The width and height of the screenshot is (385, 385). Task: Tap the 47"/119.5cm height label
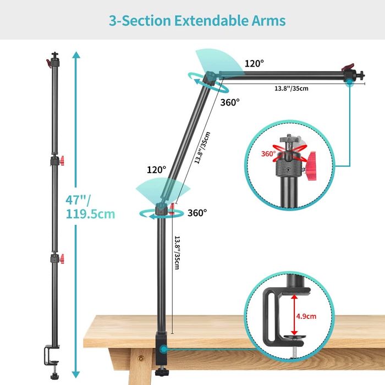tap(90, 207)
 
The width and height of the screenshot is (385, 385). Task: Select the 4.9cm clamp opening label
tap(306, 316)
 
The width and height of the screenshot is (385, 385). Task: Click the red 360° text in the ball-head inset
tap(268, 153)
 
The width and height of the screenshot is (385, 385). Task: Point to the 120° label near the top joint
tap(254, 64)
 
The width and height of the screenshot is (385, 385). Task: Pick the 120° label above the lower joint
tap(156, 169)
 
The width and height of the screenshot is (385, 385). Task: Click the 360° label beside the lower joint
tap(197, 213)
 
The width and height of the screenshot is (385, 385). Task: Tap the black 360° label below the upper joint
tap(230, 102)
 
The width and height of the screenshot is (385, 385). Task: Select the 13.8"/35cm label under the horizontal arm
tap(291, 89)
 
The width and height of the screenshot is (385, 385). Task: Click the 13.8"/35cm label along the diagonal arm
tap(202, 147)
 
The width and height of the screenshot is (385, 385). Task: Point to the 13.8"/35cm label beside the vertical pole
tap(177, 252)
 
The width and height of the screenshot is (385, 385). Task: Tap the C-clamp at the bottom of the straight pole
tap(52, 355)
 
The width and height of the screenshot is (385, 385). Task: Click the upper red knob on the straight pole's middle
tap(62, 161)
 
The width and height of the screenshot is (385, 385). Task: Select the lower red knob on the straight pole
tap(62, 259)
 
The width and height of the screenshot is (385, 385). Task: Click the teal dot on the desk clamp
tap(163, 349)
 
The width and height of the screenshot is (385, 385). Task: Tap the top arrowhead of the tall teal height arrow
tap(76, 55)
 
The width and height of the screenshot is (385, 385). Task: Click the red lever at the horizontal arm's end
tap(349, 67)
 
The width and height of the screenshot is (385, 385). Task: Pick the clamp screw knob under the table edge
tap(161, 372)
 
